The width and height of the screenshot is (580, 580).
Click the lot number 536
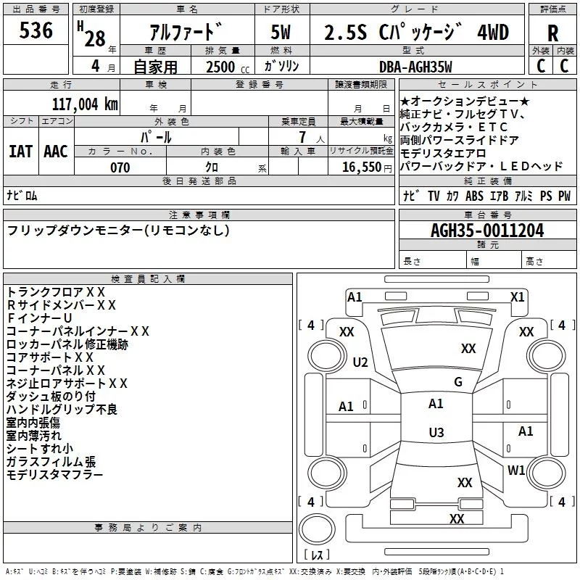point(36,30)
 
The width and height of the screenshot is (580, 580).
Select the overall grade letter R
point(552,33)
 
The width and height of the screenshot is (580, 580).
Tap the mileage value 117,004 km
point(85,104)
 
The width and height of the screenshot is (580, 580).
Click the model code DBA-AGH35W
point(415,67)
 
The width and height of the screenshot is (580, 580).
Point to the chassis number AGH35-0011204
point(487,231)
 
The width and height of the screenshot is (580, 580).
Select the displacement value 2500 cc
point(228,67)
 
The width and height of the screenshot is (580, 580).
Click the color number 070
point(120,167)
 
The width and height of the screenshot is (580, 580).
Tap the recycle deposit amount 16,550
point(361,167)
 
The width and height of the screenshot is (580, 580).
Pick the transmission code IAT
point(20,152)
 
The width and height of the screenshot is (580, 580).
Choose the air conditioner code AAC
point(56,152)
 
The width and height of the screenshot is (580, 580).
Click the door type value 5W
point(281,32)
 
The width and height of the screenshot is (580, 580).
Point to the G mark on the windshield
point(458,382)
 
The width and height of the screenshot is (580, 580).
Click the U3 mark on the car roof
point(436,432)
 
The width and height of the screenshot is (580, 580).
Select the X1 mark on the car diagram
point(517,297)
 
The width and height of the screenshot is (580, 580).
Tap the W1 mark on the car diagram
point(516,470)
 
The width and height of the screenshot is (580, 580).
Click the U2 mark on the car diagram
point(360,362)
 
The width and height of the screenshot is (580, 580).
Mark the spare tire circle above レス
point(317,529)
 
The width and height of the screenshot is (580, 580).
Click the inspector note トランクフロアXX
point(56,292)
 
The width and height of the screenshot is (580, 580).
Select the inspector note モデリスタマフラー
point(54,475)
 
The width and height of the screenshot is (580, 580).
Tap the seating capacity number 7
point(302,137)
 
